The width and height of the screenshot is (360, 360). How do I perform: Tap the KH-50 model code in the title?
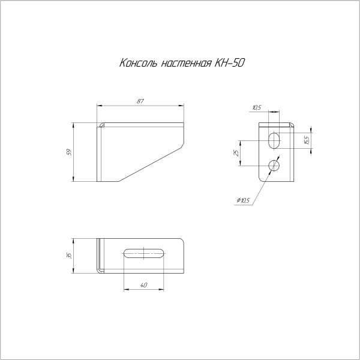[x=230, y=62]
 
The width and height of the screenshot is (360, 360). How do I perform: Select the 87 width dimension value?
[x=140, y=102]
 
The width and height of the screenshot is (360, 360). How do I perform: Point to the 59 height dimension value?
[x=69, y=152]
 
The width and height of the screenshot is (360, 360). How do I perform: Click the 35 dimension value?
[x=69, y=255]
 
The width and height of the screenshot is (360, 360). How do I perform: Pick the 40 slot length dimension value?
[x=143, y=285]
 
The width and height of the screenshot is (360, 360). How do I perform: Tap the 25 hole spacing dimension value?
[x=236, y=153]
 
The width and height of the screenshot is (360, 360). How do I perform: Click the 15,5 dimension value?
[x=306, y=140]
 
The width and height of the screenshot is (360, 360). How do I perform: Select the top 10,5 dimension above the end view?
[x=257, y=108]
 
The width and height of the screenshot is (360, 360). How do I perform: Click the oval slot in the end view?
[x=274, y=140]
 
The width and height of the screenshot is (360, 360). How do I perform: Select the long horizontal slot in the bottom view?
[x=144, y=254]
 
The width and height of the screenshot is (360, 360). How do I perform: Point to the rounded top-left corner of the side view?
[x=101, y=125]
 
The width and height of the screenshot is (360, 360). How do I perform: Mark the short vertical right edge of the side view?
[x=184, y=134]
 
